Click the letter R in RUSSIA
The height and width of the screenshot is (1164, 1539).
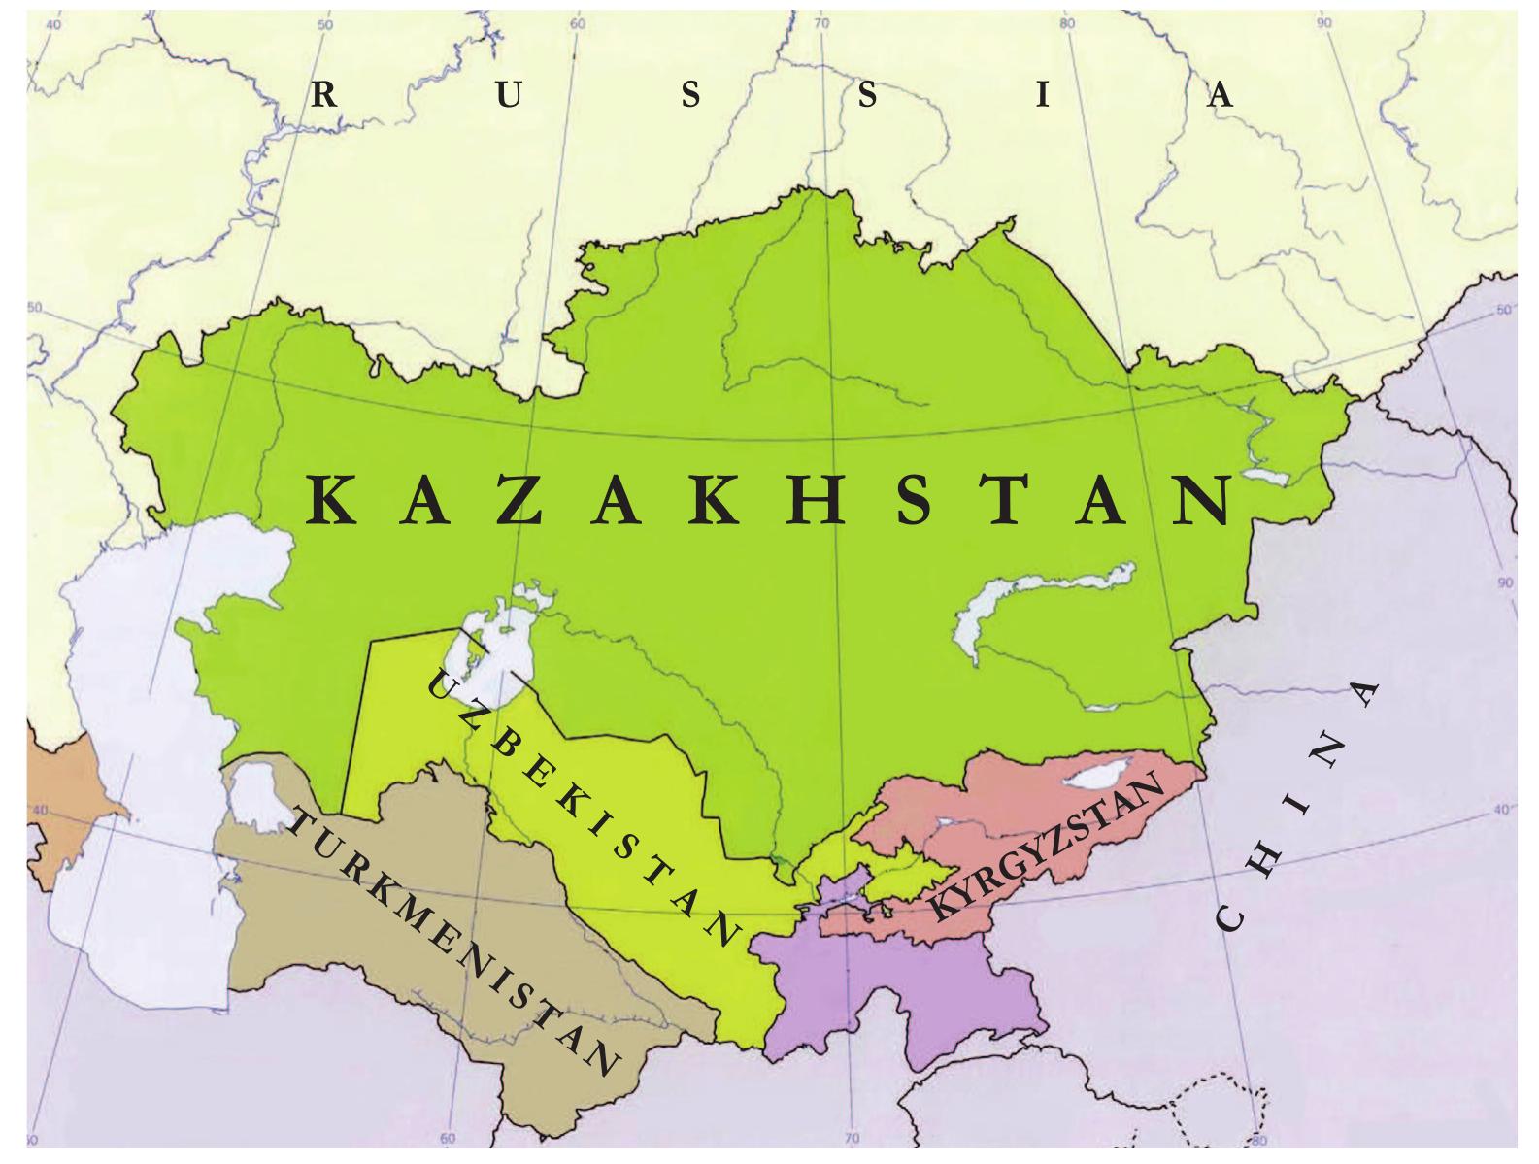pyautogui.click(x=324, y=95)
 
